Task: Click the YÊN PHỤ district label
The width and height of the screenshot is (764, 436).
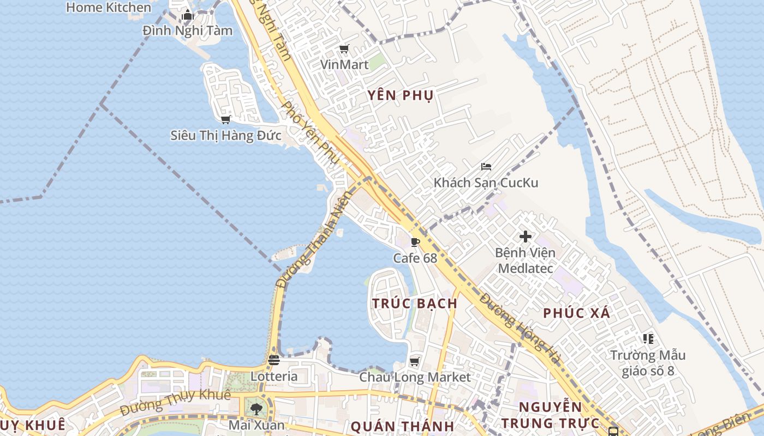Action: tap(401, 96)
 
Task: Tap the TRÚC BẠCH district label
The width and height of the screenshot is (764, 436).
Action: tap(415, 304)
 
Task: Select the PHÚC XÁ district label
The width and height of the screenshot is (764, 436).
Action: tap(577, 313)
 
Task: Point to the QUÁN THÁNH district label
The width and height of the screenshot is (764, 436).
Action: tap(403, 426)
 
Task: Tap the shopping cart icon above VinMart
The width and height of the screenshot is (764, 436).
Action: tap(344, 50)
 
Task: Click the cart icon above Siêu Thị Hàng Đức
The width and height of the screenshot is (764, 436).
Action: tap(225, 119)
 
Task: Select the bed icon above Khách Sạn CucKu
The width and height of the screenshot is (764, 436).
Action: tap(486, 167)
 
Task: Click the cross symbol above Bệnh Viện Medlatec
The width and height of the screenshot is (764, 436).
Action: tap(526, 237)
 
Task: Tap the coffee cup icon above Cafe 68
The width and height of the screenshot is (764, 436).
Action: tap(415, 242)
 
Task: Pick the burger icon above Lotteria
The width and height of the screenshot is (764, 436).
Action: tap(274, 360)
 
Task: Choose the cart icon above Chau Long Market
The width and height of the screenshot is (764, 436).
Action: tap(415, 361)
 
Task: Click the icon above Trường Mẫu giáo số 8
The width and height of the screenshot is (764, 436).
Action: tap(648, 339)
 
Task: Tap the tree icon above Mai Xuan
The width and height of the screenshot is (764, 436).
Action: tap(256, 408)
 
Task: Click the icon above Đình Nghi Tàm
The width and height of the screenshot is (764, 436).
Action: tap(188, 15)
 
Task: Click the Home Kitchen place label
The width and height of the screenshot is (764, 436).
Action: tap(109, 8)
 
